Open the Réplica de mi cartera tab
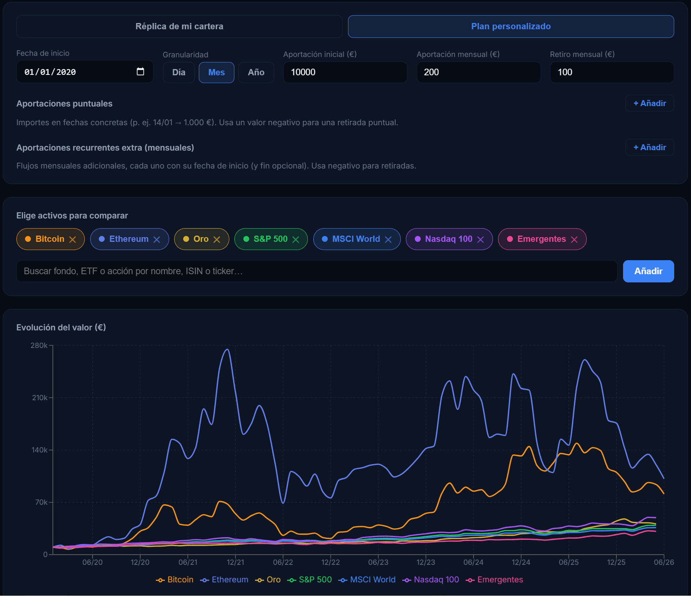pyautogui.click(x=179, y=27)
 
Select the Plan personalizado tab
pyautogui.click(x=511, y=27)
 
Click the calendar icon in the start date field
pyautogui.click(x=140, y=72)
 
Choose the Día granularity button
pyautogui.click(x=179, y=73)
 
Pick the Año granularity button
pyautogui.click(x=256, y=73)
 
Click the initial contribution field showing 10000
pyautogui.click(x=345, y=72)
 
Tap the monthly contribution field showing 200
pyautogui.click(x=479, y=72)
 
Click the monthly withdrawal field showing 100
pyautogui.click(x=612, y=72)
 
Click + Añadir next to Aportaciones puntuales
pyautogui.click(x=650, y=103)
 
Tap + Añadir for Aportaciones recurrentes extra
pyautogui.click(x=650, y=147)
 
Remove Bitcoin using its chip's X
pyautogui.click(x=73, y=239)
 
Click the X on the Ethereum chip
pyautogui.click(x=157, y=239)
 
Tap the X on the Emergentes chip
pyautogui.click(x=574, y=239)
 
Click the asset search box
pyautogui.click(x=317, y=271)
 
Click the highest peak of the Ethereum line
pyautogui.click(x=227, y=349)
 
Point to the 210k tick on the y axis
pyautogui.click(x=40, y=397)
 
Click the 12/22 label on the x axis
pyautogui.click(x=330, y=562)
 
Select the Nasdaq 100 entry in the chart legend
pyautogui.click(x=431, y=580)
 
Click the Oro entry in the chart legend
pyautogui.click(x=268, y=580)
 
